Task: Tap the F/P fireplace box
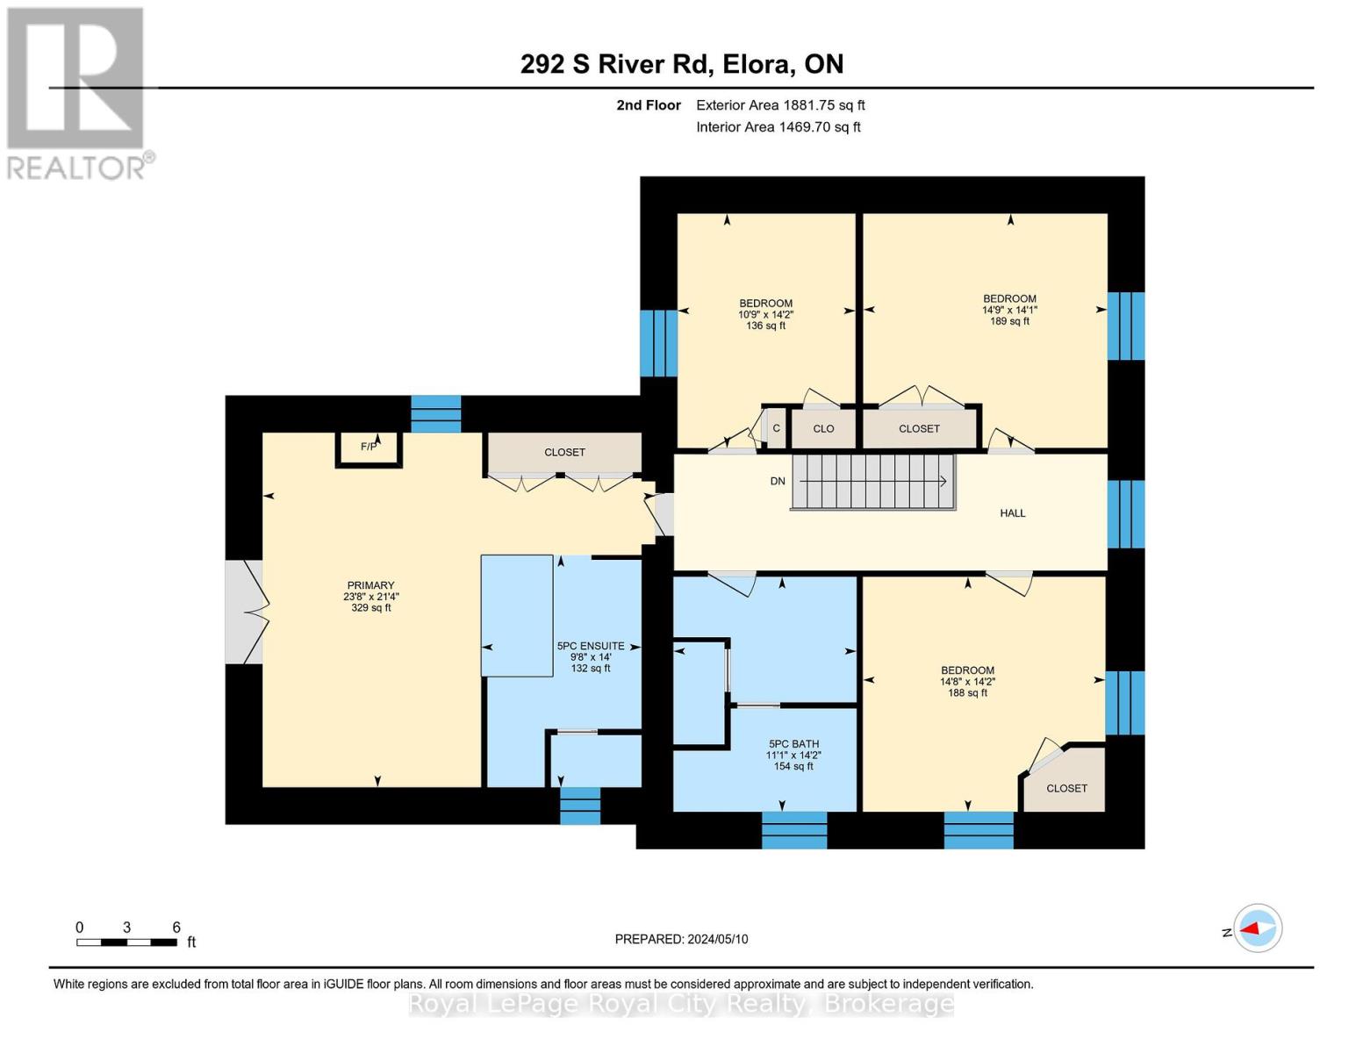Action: pyautogui.click(x=369, y=449)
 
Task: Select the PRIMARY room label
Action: pyautogui.click(x=370, y=585)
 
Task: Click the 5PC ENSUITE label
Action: pyautogui.click(x=591, y=646)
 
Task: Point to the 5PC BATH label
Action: pyautogui.click(x=793, y=744)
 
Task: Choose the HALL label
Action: pyautogui.click(x=1012, y=513)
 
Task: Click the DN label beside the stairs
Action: pyautogui.click(x=777, y=481)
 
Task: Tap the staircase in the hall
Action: pyautogui.click(x=872, y=482)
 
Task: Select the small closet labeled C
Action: pyautogui.click(x=777, y=428)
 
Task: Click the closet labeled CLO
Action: pyautogui.click(x=823, y=428)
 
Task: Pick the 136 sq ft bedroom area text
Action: pyautogui.click(x=765, y=326)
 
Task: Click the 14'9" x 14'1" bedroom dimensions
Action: pyautogui.click(x=1009, y=310)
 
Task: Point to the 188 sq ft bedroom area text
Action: pyautogui.click(x=967, y=693)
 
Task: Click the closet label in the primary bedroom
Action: pyautogui.click(x=564, y=452)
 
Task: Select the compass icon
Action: pyautogui.click(x=1257, y=928)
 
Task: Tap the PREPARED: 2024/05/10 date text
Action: pyautogui.click(x=681, y=939)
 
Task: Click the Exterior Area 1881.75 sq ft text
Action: pyautogui.click(x=780, y=105)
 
